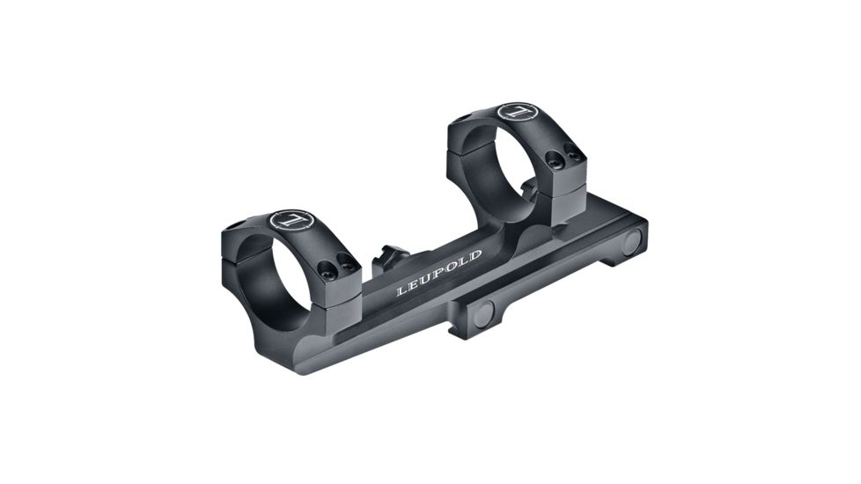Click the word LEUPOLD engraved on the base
pos(438,273)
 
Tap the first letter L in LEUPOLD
pos(401,290)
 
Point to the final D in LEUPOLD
pos(476,256)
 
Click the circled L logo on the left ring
pos(291,220)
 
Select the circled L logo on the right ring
pos(517,113)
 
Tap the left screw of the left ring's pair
pos(327,268)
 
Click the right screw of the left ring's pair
pos(346,261)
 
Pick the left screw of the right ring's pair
pos(554,160)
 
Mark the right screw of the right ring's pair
pos(572,154)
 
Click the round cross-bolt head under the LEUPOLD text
pos(484,311)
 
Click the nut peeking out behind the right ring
pos(528,187)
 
